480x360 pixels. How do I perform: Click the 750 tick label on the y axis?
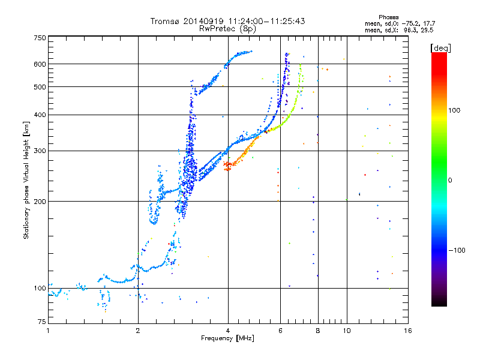coord(40,38)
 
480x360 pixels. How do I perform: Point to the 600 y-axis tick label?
coord(40,64)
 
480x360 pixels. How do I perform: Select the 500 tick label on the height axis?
coord(40,87)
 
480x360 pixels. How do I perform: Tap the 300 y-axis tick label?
coord(40,151)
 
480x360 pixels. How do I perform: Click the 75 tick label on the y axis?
coord(42,322)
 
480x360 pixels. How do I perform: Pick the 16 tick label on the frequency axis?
coord(408,331)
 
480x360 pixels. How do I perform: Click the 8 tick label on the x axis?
coord(318,331)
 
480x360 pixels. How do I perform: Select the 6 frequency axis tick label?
coord(280,331)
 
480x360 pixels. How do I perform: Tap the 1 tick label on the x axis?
coord(48,331)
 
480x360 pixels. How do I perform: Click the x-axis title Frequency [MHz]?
coord(227,338)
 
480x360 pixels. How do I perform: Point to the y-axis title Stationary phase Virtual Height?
coord(26,180)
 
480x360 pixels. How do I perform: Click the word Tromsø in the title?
coord(166,21)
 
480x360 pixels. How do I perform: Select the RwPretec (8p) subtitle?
coord(227,29)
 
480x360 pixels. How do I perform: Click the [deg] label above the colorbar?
coord(440,49)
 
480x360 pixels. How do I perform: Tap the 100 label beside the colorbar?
coord(454,110)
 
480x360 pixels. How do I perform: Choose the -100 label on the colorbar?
coord(457,250)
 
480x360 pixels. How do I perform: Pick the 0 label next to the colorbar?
coord(450,181)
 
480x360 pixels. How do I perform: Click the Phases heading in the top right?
coord(388,17)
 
